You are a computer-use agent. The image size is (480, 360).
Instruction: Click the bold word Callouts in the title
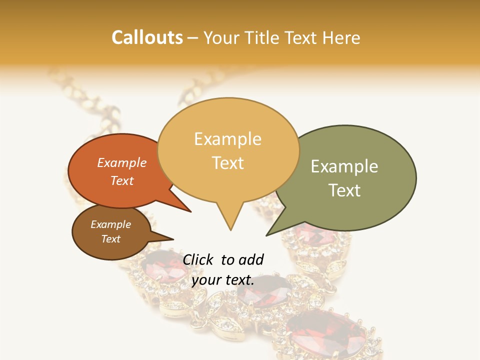tap(147, 37)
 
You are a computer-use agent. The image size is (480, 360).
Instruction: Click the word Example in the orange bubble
tap(122, 163)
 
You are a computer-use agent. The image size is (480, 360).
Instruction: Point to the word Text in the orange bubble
tap(122, 180)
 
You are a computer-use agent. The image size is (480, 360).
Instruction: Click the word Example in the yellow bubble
tap(227, 139)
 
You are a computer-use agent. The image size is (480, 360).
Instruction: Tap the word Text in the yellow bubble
tap(228, 163)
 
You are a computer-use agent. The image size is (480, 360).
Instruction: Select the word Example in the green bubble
tap(344, 166)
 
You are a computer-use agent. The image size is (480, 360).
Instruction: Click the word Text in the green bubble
tap(345, 190)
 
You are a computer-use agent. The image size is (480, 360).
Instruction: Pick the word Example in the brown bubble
tap(111, 224)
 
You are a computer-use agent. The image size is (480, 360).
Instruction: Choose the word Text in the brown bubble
tap(111, 239)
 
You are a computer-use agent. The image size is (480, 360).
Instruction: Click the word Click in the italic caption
tap(198, 259)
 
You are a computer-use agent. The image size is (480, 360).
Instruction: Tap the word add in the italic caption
tap(251, 259)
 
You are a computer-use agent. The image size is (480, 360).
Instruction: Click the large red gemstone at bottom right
tap(328, 333)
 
